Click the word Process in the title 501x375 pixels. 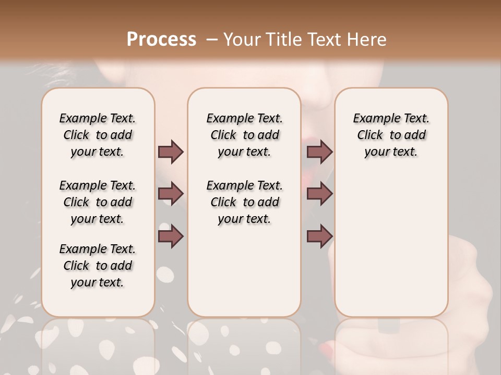pyautogui.click(x=161, y=40)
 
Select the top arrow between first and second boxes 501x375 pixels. pyautogui.click(x=171, y=152)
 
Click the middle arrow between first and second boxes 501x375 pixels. pyautogui.click(x=171, y=194)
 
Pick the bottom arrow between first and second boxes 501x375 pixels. pyautogui.click(x=171, y=236)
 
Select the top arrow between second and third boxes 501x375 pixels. pyautogui.click(x=319, y=152)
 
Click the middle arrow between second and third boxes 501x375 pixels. pyautogui.click(x=319, y=194)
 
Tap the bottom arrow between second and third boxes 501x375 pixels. pyautogui.click(x=319, y=236)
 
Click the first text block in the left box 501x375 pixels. pyautogui.click(x=98, y=135)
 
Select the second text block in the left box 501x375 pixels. pyautogui.click(x=98, y=202)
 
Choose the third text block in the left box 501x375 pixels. pyautogui.click(x=98, y=266)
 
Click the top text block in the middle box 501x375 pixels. pyautogui.click(x=244, y=135)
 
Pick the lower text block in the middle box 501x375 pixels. pyautogui.click(x=244, y=202)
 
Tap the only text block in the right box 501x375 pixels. pyautogui.click(x=391, y=135)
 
